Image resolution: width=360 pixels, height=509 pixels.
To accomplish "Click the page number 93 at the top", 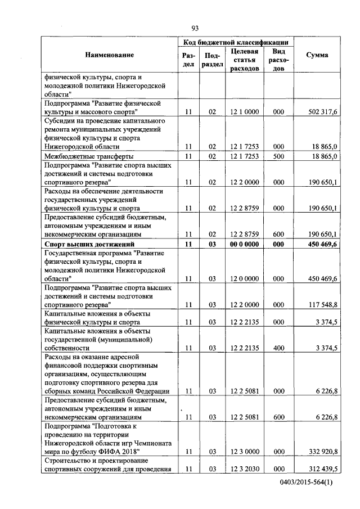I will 195,28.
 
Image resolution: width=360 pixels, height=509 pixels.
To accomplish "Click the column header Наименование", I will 110,55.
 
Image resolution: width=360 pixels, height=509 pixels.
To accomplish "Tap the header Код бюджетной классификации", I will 236,42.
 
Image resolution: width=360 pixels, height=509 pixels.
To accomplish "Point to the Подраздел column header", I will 212,60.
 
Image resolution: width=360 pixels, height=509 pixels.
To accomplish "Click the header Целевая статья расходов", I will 244,60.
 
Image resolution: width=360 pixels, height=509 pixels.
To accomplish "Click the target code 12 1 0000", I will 244,112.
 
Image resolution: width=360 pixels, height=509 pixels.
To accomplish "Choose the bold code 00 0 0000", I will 244,244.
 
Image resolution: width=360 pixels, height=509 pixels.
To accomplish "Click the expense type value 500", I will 278,156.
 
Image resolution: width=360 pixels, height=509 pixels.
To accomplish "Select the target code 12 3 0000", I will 244,452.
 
